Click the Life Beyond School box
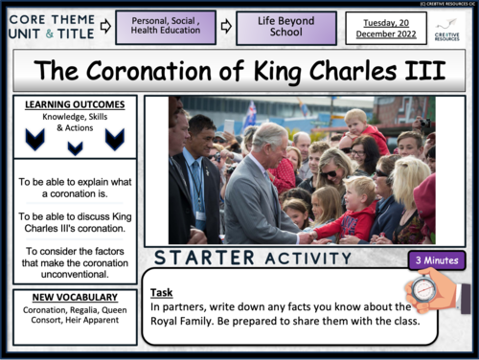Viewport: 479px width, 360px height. pos(285,28)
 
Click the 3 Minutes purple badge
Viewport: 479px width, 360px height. pos(433,259)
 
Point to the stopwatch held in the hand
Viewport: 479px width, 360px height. pos(424,288)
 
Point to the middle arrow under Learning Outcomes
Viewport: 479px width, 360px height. pos(75,147)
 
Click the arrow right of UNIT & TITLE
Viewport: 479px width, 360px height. pos(104,28)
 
